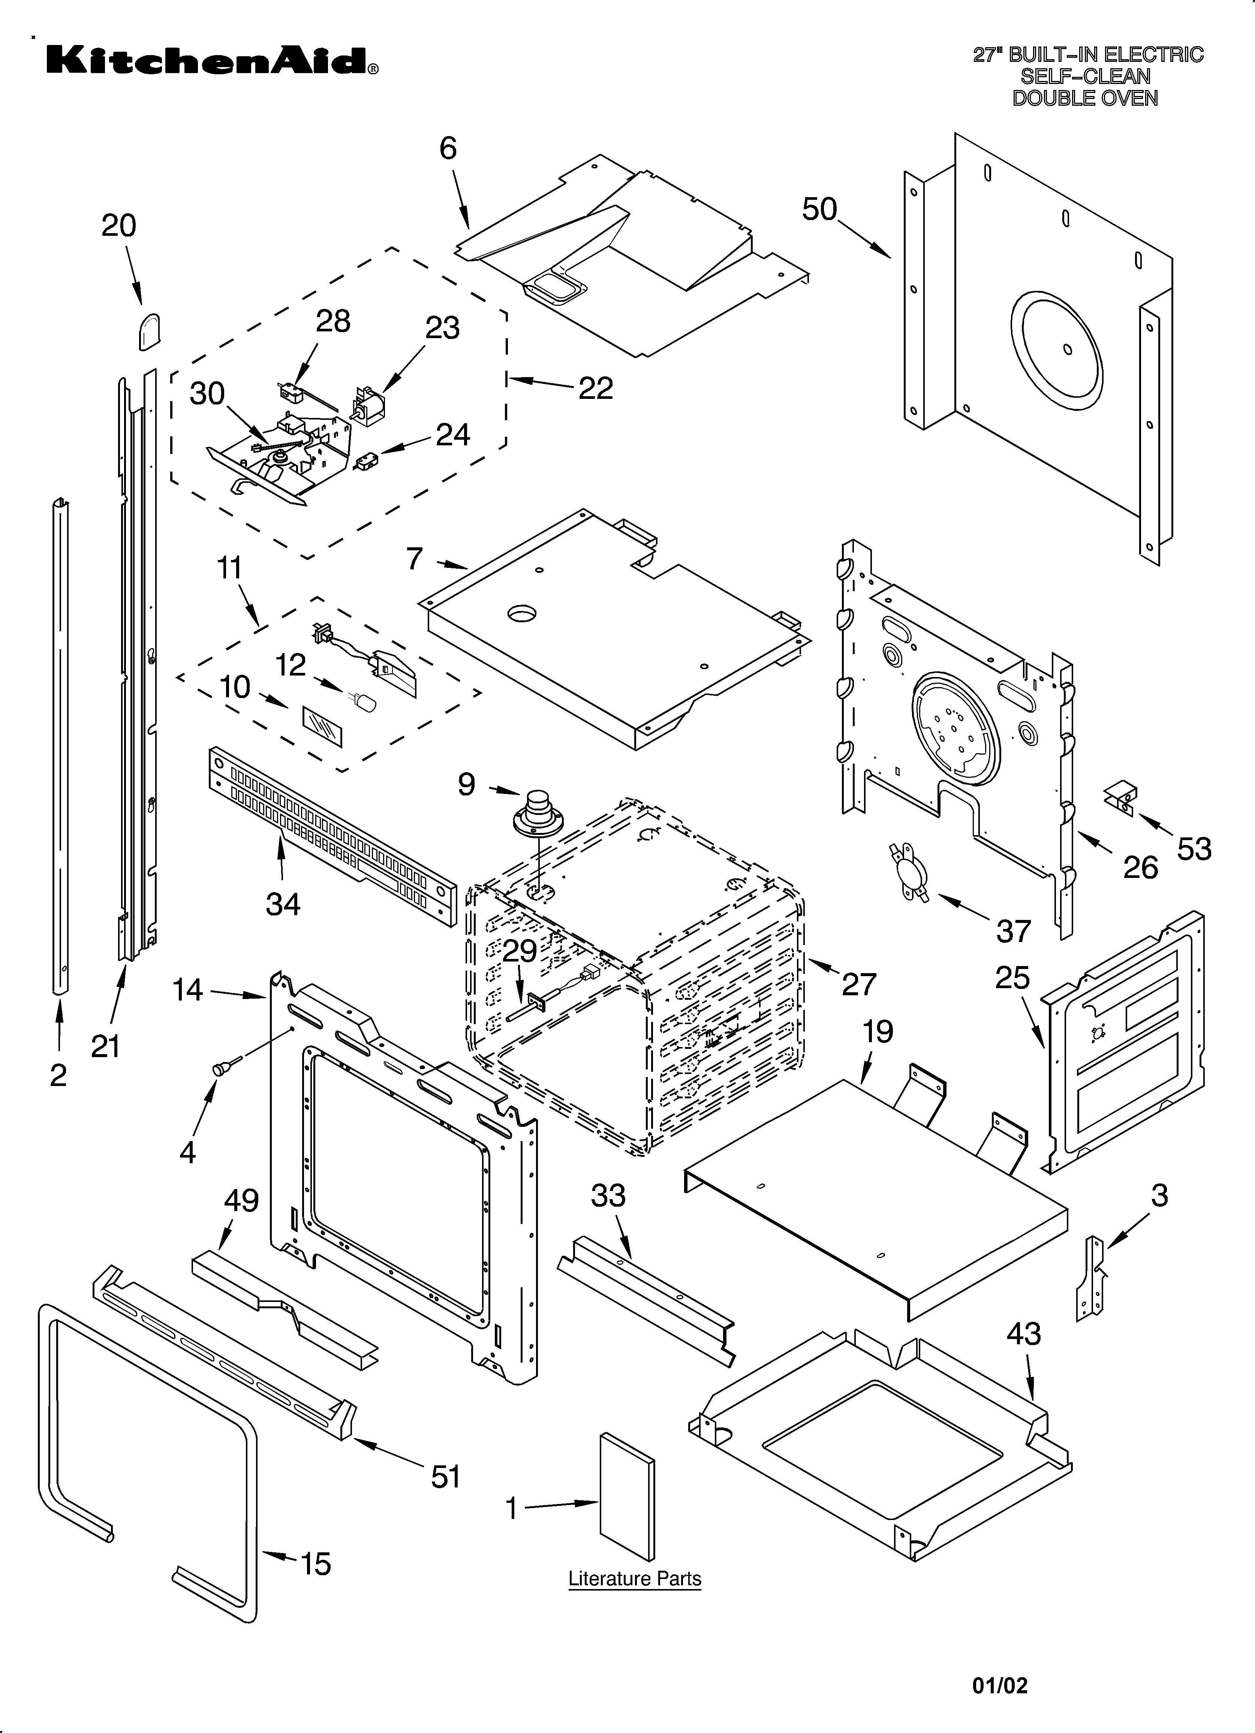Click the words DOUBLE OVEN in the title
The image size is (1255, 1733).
click(1084, 98)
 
